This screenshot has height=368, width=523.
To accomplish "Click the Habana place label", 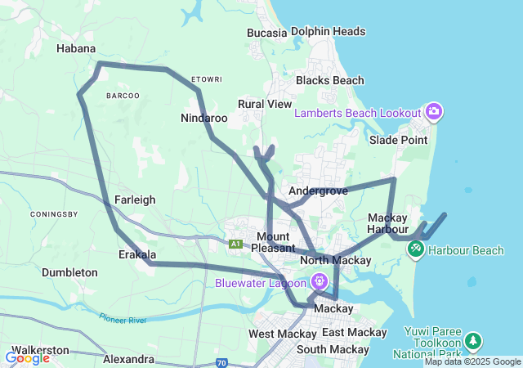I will pyautogui.click(x=76, y=48).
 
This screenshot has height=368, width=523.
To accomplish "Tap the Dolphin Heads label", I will pyautogui.click(x=328, y=32).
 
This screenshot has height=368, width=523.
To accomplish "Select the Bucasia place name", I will pyautogui.click(x=267, y=33).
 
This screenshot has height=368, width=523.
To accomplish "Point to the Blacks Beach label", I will pyautogui.click(x=330, y=80).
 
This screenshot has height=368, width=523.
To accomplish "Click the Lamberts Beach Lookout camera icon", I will pyautogui.click(x=434, y=111).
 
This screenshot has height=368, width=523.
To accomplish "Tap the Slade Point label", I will pyautogui.click(x=398, y=140).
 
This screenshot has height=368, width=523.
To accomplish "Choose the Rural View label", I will pyautogui.click(x=265, y=104).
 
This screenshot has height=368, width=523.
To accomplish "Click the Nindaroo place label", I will pyautogui.click(x=204, y=118).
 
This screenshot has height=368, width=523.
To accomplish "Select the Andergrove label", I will pyautogui.click(x=319, y=191).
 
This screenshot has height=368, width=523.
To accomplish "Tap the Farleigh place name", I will pyautogui.click(x=135, y=199).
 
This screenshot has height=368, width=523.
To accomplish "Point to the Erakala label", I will pyautogui.click(x=136, y=254).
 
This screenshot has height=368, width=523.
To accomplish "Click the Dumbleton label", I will pyautogui.click(x=69, y=272).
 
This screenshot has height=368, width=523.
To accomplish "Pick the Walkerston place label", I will pyautogui.click(x=39, y=348).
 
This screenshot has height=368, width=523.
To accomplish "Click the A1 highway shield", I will pyautogui.click(x=235, y=244).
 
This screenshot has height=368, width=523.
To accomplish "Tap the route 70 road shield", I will pyautogui.click(x=221, y=362).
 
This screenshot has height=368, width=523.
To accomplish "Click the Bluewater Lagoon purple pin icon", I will pyautogui.click(x=319, y=280).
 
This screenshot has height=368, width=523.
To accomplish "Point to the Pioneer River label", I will pyautogui.click(x=123, y=318).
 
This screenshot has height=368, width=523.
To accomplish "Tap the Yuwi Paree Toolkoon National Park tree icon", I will pyautogui.click(x=472, y=339).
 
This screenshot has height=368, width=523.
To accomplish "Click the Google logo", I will pyautogui.click(x=27, y=358).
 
